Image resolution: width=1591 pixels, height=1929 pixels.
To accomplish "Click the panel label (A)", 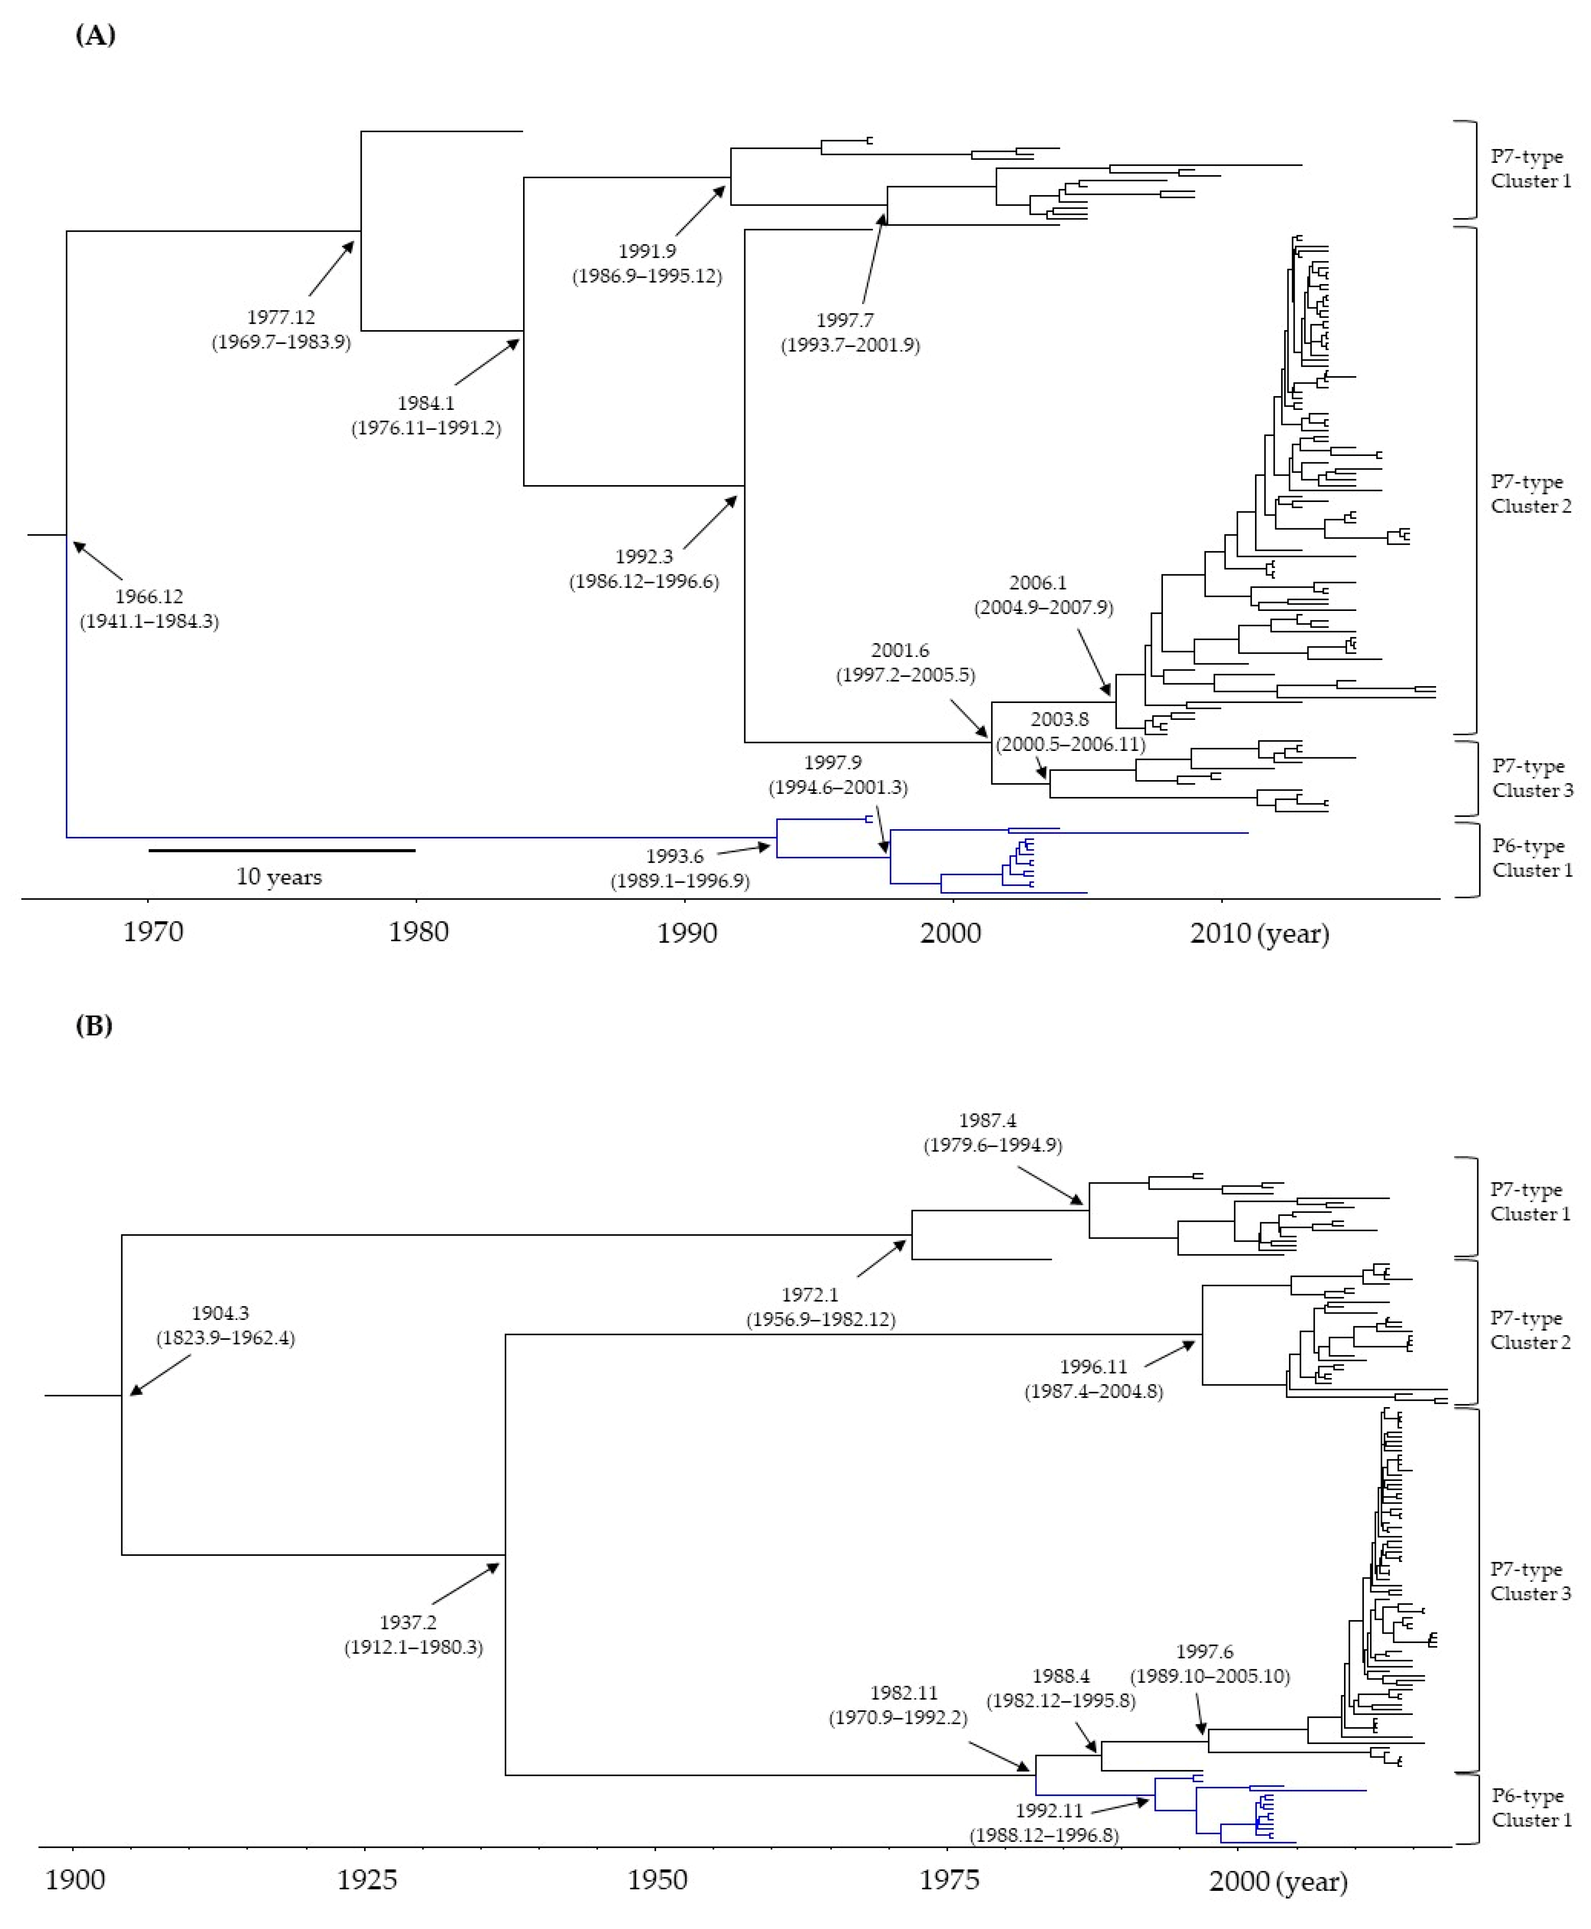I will (95, 36).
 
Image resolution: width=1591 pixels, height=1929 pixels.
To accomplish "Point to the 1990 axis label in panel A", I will (687, 932).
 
